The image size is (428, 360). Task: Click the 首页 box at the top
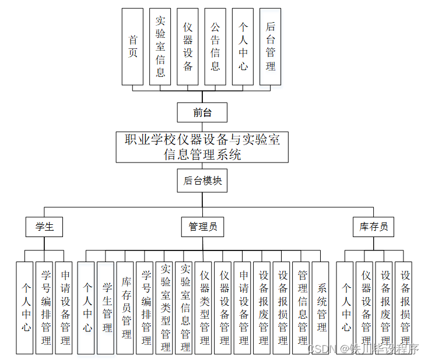click(133, 47)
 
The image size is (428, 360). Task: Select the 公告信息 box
click(215, 47)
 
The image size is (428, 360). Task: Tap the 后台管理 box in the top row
click(270, 47)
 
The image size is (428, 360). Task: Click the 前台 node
click(202, 112)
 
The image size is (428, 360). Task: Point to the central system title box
click(202, 147)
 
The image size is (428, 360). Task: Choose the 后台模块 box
click(202, 181)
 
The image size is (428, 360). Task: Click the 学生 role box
click(44, 227)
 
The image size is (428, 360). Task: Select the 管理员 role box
click(202, 227)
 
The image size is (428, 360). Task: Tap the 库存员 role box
click(373, 227)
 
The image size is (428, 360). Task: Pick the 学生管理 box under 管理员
click(106, 308)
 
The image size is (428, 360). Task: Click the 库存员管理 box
click(126, 308)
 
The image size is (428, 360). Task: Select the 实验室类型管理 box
click(165, 308)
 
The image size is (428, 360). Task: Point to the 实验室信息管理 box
click(185, 308)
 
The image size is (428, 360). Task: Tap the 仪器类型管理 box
click(204, 308)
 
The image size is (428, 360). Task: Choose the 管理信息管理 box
click(302, 308)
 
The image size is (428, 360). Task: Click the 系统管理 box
click(321, 308)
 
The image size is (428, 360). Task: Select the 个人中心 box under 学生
click(25, 308)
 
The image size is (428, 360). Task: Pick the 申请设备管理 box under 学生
click(64, 308)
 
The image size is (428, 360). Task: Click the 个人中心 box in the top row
click(243, 47)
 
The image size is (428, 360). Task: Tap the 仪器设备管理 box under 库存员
click(366, 308)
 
